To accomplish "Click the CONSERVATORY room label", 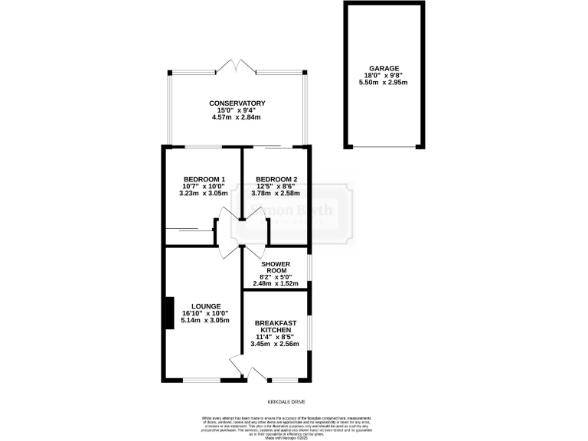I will [x=237, y=103].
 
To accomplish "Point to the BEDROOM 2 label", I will [x=276, y=179].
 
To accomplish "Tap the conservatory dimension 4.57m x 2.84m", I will [x=237, y=117].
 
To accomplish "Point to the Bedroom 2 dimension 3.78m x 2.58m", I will [x=276, y=194].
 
